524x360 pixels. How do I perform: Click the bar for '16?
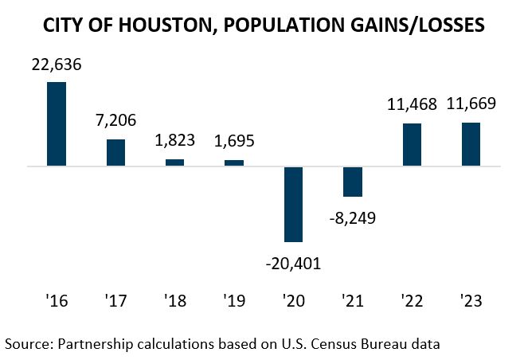coord(57,124)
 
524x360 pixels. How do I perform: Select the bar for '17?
coord(115,153)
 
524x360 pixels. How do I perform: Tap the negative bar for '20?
coord(294,204)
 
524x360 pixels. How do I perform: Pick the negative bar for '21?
coord(353,182)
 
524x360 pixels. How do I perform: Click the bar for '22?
coord(412,145)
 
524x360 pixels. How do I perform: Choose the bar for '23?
coord(471,144)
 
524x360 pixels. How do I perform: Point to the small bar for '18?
coord(174,162)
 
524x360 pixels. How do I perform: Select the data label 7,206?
coord(115,121)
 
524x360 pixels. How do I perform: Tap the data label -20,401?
coord(294,261)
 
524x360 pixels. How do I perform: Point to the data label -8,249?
coord(353,217)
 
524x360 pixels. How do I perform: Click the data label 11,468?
coord(412,104)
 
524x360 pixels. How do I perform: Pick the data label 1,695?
coord(234,142)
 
